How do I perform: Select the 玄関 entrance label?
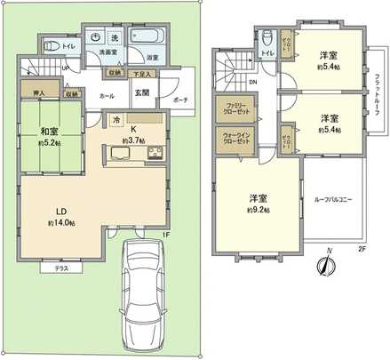tap(142, 92)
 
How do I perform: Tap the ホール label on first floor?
tap(107, 94)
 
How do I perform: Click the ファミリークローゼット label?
tap(237, 110)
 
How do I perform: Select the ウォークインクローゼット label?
tap(237, 138)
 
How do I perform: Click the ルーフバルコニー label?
tap(333, 200)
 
